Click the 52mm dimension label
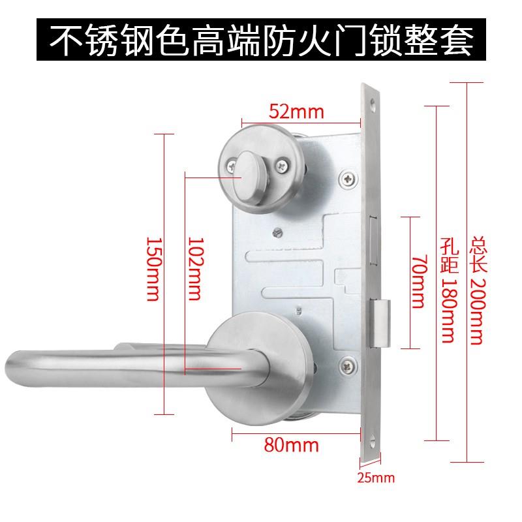[x=297, y=112]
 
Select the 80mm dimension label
[x=292, y=446]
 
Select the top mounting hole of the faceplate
[x=373, y=104]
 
